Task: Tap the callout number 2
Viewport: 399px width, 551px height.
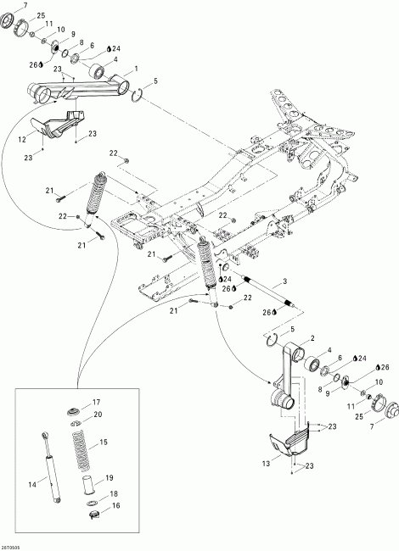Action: (x=301, y=338)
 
